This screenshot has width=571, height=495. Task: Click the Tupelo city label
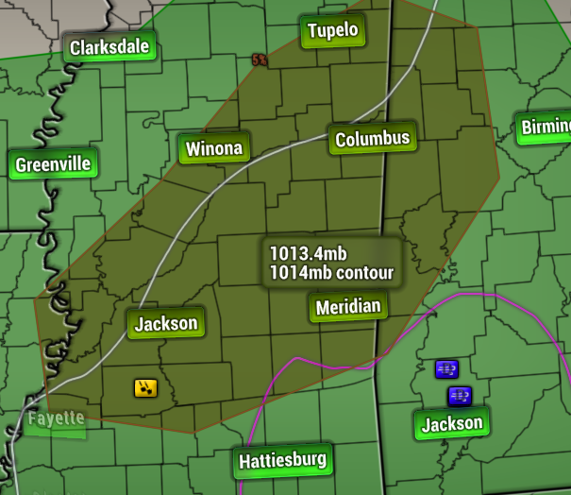pos(332,31)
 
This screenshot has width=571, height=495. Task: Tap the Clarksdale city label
pos(109,47)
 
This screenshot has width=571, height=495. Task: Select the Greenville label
pos(53,165)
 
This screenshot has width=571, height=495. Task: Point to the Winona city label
pos(214,148)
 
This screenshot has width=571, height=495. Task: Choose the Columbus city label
pos(373,140)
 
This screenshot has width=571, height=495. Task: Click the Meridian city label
pos(348,307)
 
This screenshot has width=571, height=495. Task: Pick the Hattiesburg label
pos(283,461)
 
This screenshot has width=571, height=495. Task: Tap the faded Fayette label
pos(56,418)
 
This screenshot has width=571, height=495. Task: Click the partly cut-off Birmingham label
pos(546,128)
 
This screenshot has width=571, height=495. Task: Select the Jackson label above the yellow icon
pos(166,324)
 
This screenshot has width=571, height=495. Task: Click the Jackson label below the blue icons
pos(451,424)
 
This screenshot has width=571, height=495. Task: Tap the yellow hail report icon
pos(145,386)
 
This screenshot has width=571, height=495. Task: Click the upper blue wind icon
pos(446,368)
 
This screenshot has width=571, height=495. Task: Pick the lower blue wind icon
pos(460,394)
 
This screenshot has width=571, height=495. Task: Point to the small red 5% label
pos(260,60)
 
